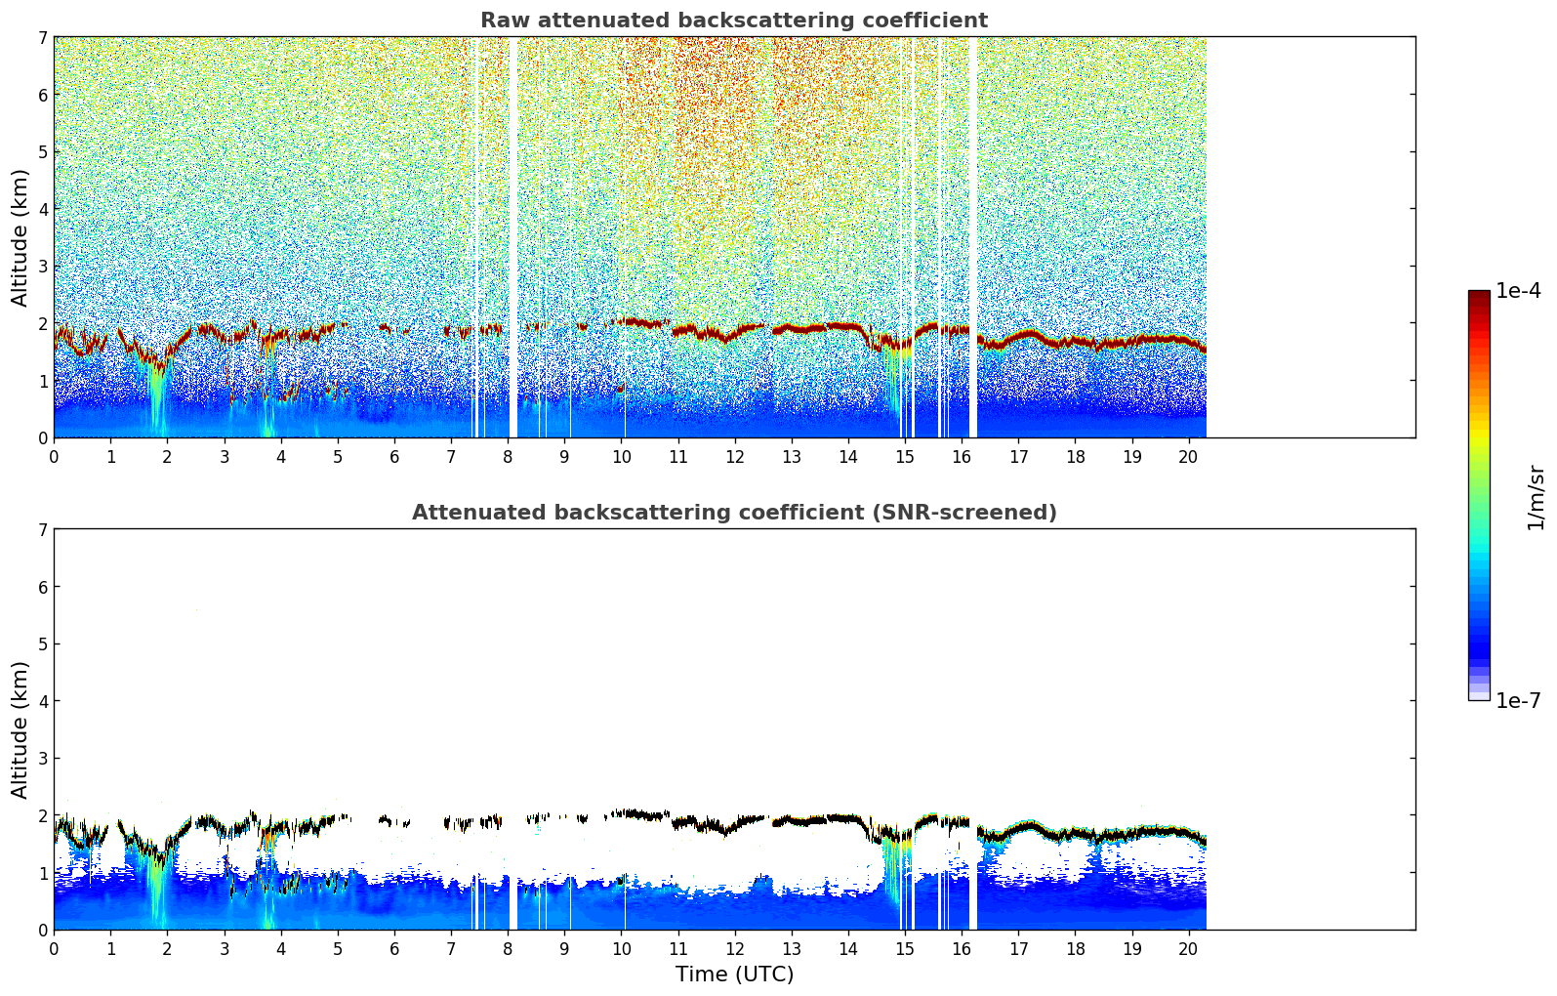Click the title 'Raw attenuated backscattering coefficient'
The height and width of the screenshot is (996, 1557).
pos(733,21)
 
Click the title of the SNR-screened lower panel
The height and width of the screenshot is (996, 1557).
pos(733,513)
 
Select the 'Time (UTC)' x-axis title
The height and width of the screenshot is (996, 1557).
pos(734,975)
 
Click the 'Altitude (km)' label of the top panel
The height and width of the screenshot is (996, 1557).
pos(20,237)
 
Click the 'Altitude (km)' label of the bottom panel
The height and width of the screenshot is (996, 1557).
pos(20,729)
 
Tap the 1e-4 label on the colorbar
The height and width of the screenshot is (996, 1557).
pos(1518,291)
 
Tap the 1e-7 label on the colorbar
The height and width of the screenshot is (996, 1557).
pos(1518,700)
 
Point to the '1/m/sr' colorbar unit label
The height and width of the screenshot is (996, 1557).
pos(1536,498)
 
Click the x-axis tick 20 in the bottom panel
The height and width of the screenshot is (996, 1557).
pos(1188,948)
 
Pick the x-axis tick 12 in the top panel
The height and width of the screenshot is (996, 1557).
pos(734,456)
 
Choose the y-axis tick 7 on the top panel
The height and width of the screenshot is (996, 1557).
pos(42,38)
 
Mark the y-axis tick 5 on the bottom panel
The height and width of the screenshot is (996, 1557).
pos(42,644)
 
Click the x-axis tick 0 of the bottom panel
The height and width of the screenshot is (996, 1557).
pos(54,948)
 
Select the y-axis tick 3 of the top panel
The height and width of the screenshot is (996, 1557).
pos(42,267)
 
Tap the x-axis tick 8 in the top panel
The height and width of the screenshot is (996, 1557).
pos(508,456)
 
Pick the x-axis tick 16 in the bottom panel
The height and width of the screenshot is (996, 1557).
pos(962,948)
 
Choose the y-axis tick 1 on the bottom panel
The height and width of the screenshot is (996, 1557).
pos(42,873)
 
